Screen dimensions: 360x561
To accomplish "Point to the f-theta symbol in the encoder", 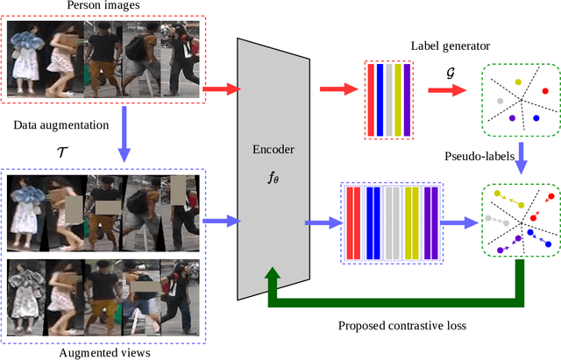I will tap(273, 176).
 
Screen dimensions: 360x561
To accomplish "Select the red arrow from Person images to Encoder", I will tap(222, 88).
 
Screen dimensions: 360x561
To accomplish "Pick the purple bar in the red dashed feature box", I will tap(408, 99).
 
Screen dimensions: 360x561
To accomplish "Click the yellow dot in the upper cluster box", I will tap(518, 82).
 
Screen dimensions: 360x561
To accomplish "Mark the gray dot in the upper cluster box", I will tap(500, 101).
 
